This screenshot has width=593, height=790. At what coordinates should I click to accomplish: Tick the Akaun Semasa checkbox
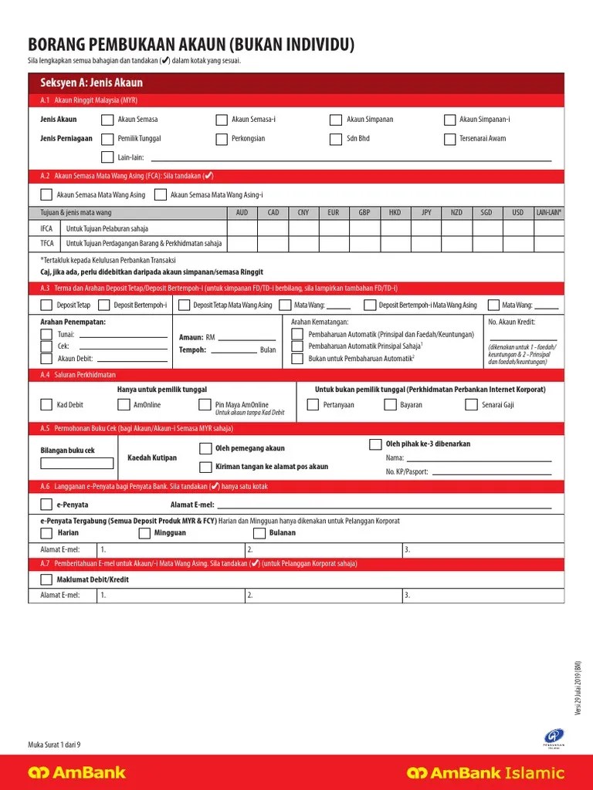(107, 120)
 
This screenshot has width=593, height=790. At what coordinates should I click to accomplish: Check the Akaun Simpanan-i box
(450, 120)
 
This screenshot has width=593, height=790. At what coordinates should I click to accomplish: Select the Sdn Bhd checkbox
(335, 139)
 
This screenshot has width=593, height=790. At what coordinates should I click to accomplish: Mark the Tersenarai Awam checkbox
(450, 139)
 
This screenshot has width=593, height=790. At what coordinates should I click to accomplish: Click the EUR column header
(334, 212)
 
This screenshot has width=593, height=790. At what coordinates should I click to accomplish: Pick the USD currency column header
(517, 212)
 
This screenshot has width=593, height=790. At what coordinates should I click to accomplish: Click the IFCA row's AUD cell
(242, 228)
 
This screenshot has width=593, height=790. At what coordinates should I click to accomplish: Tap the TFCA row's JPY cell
(426, 243)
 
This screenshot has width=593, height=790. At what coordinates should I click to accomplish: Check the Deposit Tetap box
(46, 306)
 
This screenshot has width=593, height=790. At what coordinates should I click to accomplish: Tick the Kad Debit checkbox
(46, 405)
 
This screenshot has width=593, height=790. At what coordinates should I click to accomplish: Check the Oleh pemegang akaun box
(205, 448)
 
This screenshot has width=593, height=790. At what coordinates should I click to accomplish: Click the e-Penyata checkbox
(46, 505)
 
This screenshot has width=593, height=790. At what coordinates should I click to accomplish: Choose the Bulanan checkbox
(259, 533)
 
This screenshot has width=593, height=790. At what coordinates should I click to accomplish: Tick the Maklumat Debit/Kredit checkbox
(46, 579)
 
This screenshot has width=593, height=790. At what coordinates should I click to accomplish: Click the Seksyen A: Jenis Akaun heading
(92, 83)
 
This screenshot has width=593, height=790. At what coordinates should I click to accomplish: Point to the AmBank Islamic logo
(486, 772)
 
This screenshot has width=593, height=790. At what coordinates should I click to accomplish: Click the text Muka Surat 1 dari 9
(54, 744)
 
